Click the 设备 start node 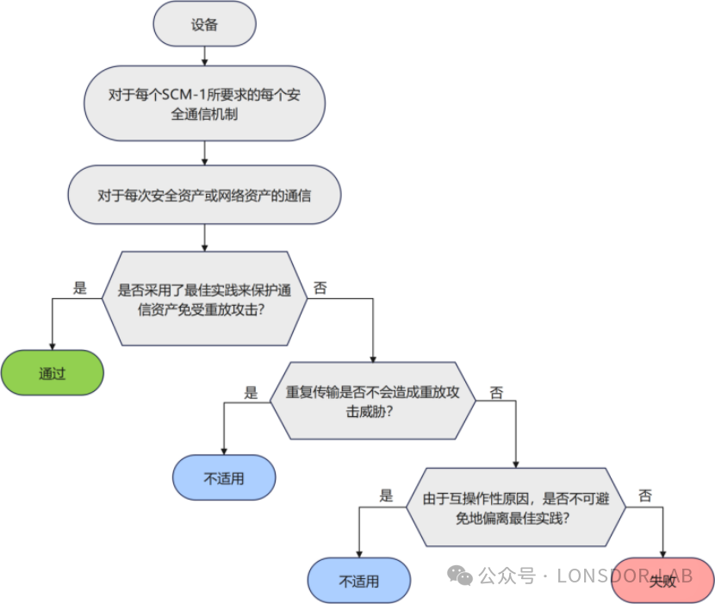coord(204,24)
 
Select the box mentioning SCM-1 coord(204,103)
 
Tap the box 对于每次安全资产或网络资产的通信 coord(204,195)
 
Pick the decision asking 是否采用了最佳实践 coord(204,299)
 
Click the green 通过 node coord(53,373)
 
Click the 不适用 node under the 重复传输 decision coord(224,477)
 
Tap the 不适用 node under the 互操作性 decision coord(359,580)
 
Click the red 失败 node coord(662,580)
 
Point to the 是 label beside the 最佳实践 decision coord(80,289)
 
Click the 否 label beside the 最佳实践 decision coord(320,289)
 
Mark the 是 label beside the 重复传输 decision coord(251,393)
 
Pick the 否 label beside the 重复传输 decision coord(496,393)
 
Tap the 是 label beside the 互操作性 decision coord(386,496)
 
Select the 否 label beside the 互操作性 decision coord(645,496)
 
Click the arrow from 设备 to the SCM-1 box coord(204,56)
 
